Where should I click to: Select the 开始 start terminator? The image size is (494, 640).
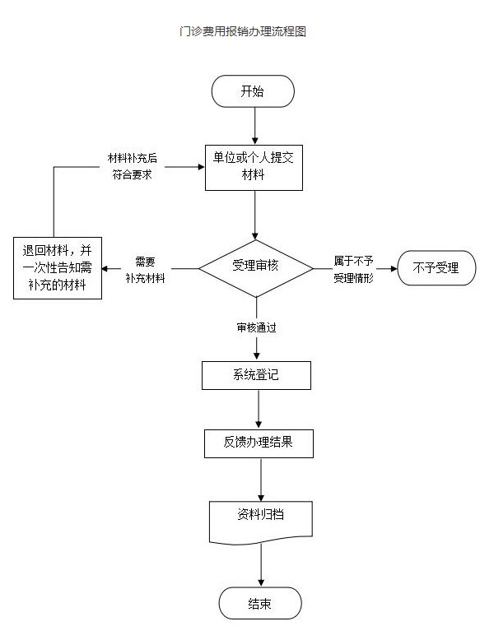point(253,91)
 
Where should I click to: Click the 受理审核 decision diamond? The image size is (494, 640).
point(255,267)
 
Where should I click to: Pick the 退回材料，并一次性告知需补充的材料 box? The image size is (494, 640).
point(58,268)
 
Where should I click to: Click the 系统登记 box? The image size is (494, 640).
point(256,374)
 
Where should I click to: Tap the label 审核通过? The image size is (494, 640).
point(256,327)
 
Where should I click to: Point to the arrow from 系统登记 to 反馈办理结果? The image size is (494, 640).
point(258,409)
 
